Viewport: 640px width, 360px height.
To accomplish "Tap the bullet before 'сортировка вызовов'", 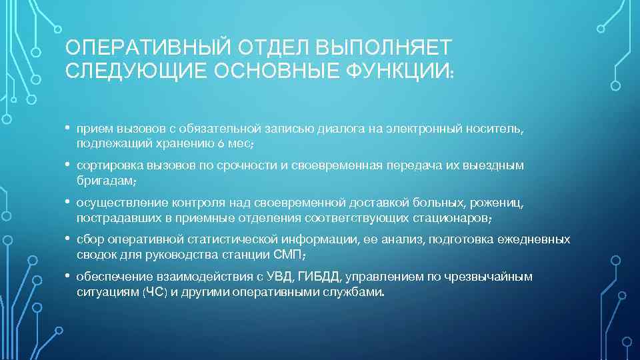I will point(69,165).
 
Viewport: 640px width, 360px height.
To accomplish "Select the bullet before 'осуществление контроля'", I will point(69,201).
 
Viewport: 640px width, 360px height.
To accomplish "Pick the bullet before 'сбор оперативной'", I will point(69,238).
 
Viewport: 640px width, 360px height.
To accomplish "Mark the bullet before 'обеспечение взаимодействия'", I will point(69,275).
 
